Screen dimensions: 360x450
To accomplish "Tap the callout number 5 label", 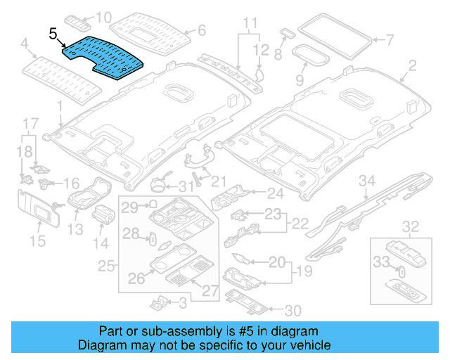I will pyautogui.click(x=53, y=32).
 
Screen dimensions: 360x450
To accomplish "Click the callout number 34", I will pyautogui.click(x=366, y=181).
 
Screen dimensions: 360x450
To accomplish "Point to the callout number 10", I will pyautogui.click(x=103, y=17).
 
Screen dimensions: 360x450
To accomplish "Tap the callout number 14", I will pyautogui.click(x=102, y=243).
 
